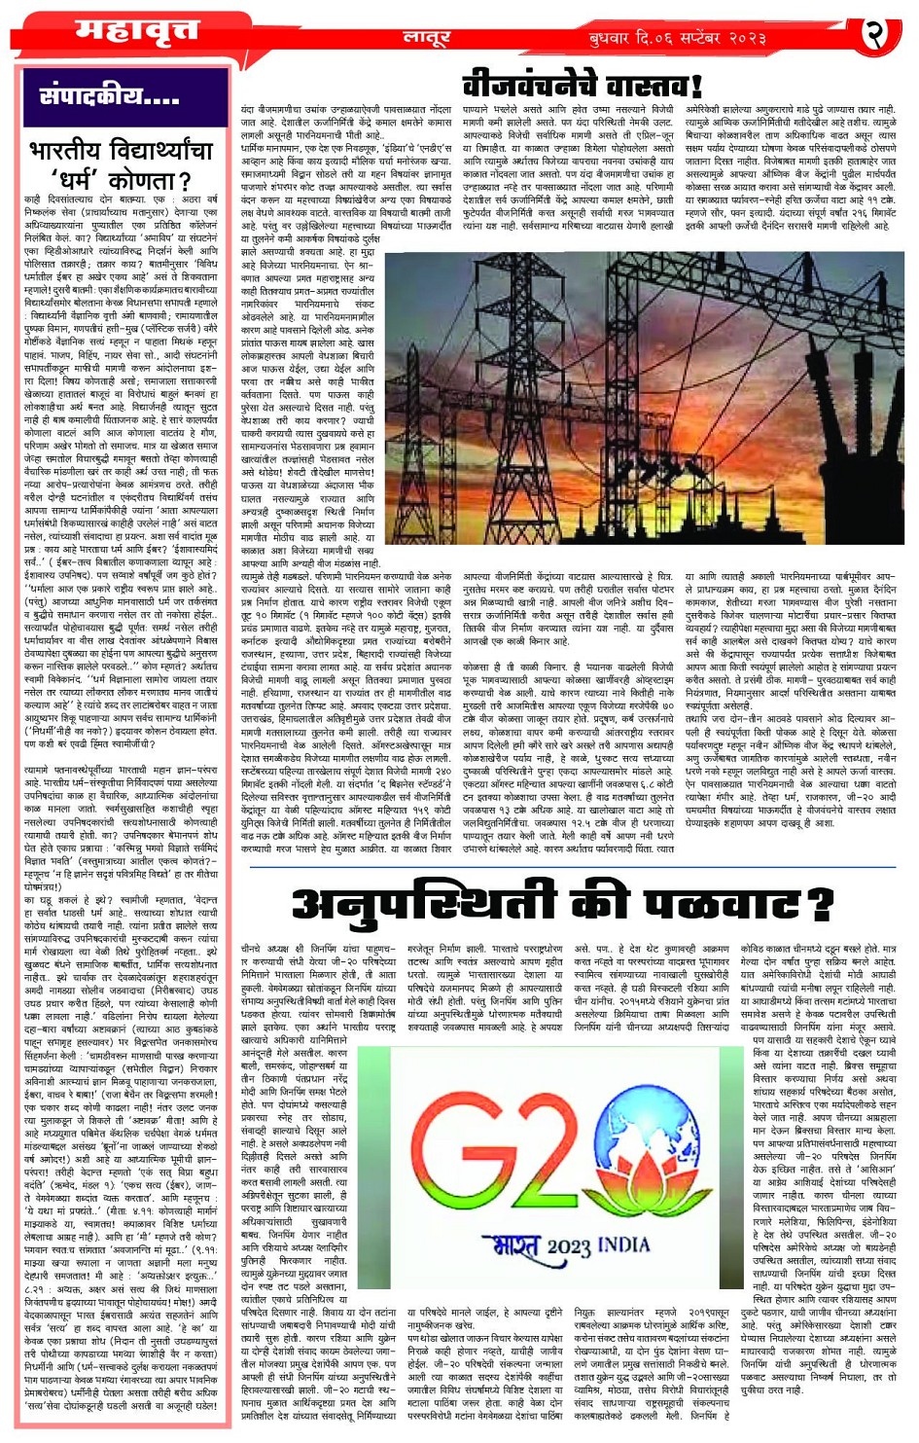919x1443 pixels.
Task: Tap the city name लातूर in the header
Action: (x=426, y=38)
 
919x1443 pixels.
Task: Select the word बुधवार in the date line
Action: (x=613, y=39)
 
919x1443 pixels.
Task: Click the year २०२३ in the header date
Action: (x=749, y=39)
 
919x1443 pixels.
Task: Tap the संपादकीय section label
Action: (x=109, y=95)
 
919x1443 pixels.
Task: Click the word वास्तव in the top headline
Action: (x=653, y=85)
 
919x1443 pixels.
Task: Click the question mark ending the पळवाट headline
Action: (x=821, y=905)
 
